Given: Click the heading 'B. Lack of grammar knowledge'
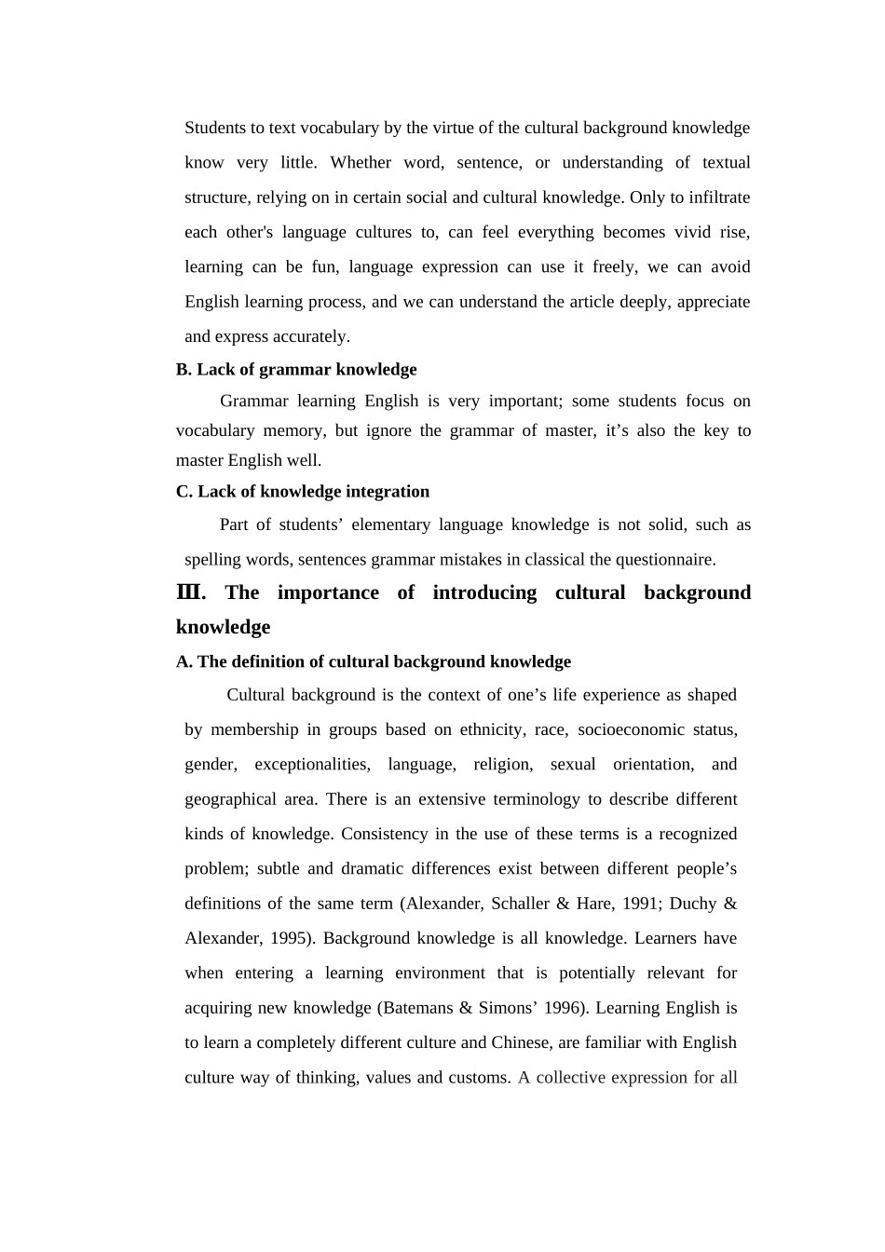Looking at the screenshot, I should click(x=296, y=370).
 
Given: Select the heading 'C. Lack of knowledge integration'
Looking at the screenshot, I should click(x=303, y=492).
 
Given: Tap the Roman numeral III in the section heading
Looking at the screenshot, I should click(x=189, y=592).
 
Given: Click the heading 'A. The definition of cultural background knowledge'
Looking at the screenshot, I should click(x=374, y=662).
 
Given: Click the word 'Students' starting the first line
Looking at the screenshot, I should click(x=215, y=128).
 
